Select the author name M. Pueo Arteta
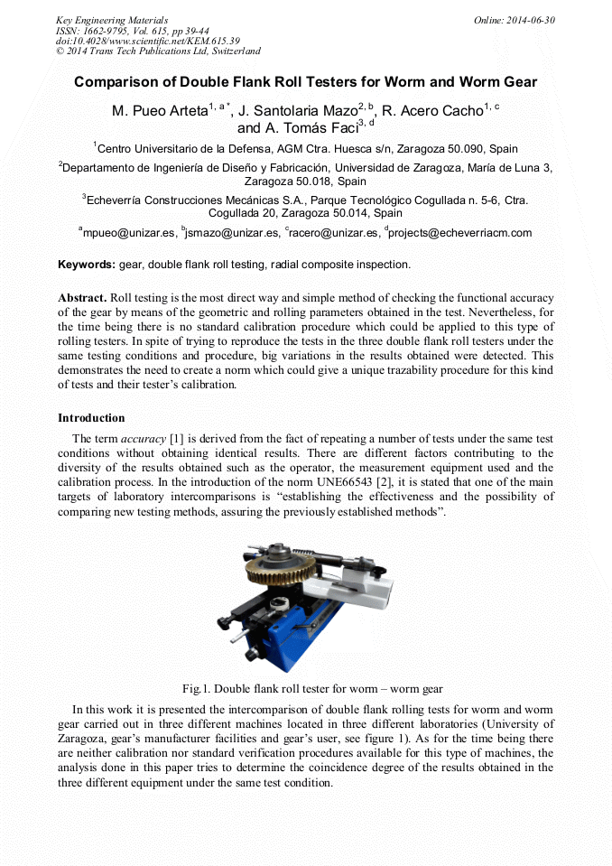point(159,112)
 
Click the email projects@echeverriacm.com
point(461,233)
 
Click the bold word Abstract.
point(82,297)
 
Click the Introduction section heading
point(91,418)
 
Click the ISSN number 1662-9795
point(111,31)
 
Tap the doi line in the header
point(147,42)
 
